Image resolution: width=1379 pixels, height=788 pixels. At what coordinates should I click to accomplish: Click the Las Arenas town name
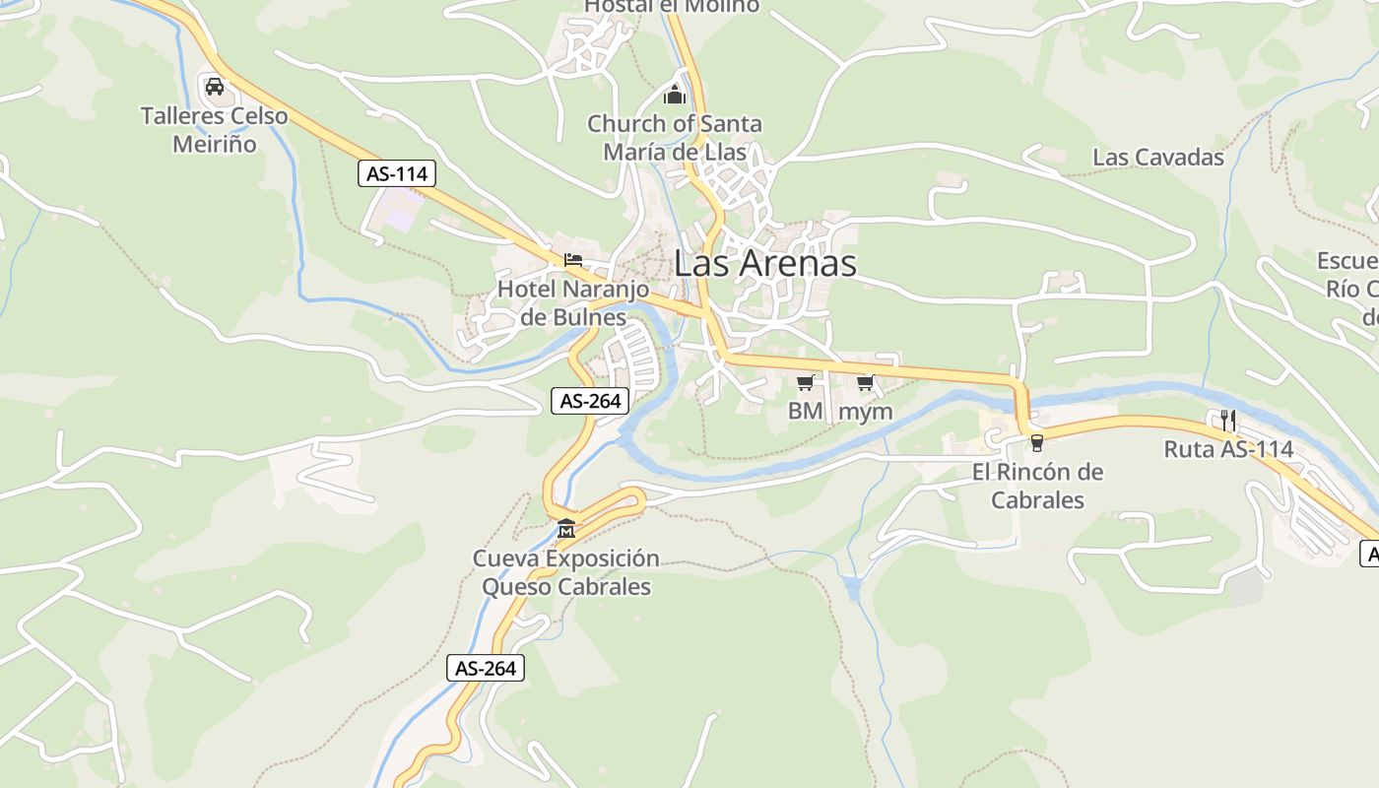(x=765, y=263)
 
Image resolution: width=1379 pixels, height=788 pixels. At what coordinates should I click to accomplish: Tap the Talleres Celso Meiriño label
(x=215, y=130)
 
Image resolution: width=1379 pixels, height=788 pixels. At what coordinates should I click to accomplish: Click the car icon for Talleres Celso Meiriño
(x=215, y=87)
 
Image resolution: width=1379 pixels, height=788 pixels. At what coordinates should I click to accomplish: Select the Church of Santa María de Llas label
(x=675, y=138)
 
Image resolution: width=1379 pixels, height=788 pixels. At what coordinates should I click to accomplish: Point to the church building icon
(x=675, y=95)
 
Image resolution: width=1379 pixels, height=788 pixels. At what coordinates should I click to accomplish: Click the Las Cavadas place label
(x=1158, y=157)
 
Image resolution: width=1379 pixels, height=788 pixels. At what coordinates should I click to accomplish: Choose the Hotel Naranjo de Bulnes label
(x=573, y=302)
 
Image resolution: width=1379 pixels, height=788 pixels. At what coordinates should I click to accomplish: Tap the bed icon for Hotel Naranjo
(x=573, y=260)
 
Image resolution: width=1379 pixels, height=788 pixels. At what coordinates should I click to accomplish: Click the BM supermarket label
(x=805, y=411)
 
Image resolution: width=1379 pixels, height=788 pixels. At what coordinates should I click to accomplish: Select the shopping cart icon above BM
(x=806, y=382)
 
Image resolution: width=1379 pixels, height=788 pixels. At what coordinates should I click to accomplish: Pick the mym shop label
(x=865, y=411)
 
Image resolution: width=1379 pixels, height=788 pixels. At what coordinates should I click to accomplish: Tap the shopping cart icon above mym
(x=865, y=382)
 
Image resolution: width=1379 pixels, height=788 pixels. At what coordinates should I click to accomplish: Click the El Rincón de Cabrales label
(x=1037, y=486)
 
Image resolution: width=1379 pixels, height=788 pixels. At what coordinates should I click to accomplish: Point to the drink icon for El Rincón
(x=1036, y=442)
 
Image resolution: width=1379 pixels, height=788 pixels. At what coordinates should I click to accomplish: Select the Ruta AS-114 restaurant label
(x=1228, y=449)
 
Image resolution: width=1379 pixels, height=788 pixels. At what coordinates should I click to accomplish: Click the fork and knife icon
(x=1227, y=420)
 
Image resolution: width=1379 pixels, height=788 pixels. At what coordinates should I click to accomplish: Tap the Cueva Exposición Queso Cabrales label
(x=566, y=572)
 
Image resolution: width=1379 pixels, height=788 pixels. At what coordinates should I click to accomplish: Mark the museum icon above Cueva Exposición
(x=565, y=530)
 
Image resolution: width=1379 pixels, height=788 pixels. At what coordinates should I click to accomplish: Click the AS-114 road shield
(x=396, y=174)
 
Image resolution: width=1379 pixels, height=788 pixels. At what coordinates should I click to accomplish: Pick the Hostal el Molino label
(x=672, y=6)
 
